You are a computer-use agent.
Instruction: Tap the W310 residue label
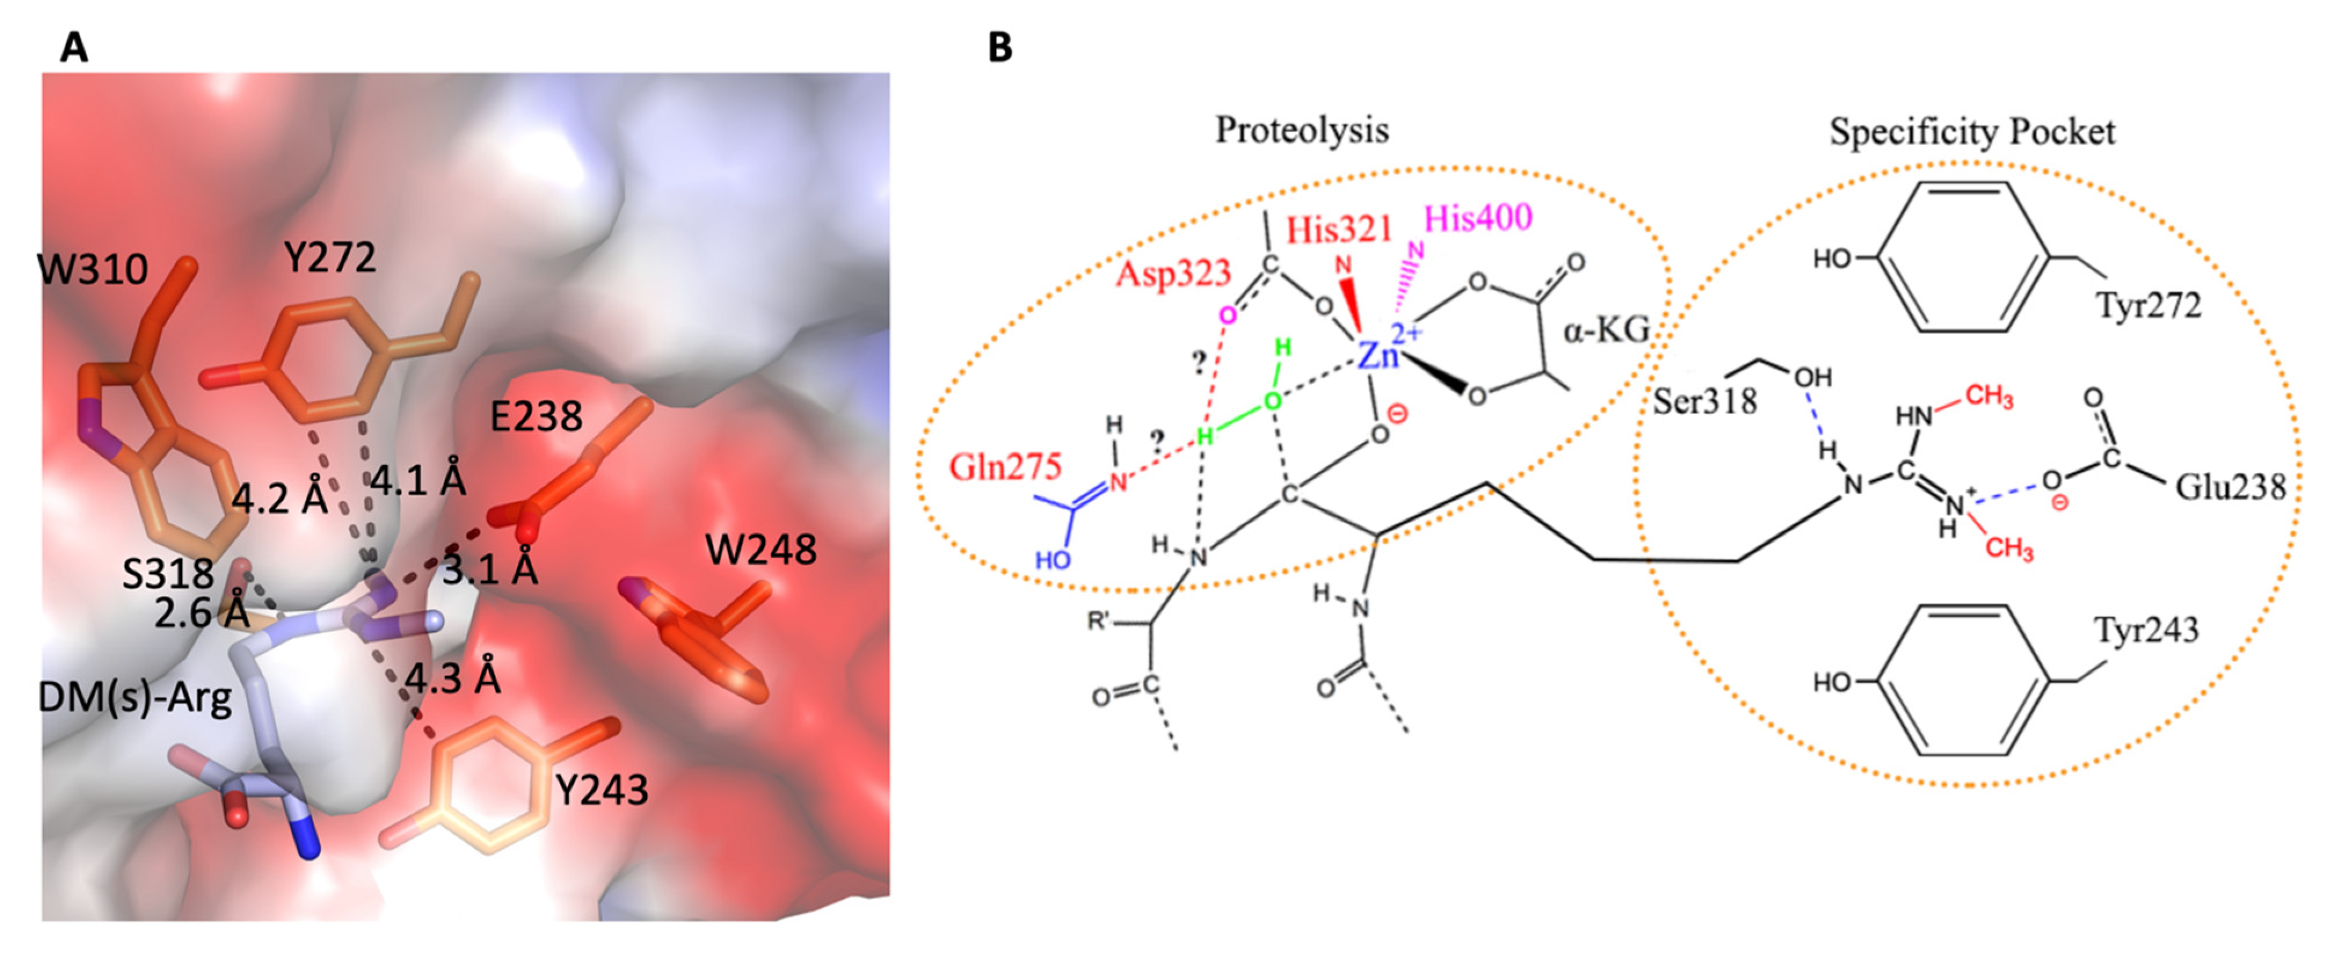[x=92, y=270]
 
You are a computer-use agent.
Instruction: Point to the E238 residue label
[x=536, y=417]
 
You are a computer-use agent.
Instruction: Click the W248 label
[x=761, y=550]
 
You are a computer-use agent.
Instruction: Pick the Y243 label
[x=602, y=790]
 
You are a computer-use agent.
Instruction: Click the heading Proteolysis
[x=1302, y=130]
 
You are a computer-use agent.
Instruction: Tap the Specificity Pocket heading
[x=1972, y=132]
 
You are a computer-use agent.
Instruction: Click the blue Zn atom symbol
[x=1377, y=354]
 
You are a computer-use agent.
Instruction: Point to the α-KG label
[x=1607, y=330]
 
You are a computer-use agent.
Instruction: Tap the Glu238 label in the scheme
[x=2230, y=488]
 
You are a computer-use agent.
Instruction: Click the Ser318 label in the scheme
[x=1705, y=401]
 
